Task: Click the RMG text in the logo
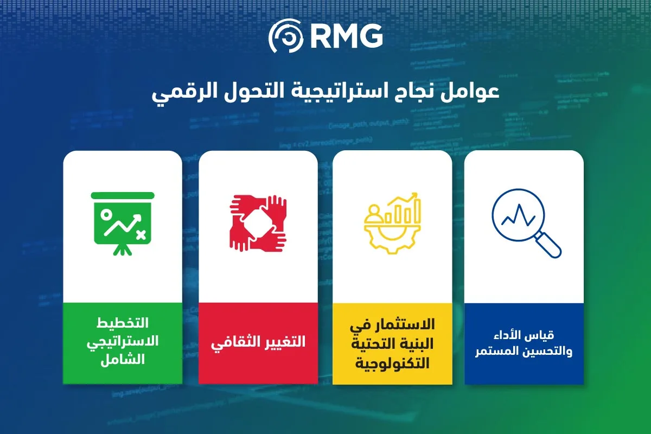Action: point(347,36)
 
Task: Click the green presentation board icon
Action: point(123,224)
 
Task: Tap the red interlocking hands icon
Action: point(258,224)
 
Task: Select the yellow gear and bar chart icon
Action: point(392,224)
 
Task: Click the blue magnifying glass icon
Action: point(526,224)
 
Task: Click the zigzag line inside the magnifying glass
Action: point(519,216)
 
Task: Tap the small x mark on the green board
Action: point(141,234)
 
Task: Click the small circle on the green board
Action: point(106,214)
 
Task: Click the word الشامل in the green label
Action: point(123,360)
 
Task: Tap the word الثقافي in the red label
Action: point(230,343)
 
